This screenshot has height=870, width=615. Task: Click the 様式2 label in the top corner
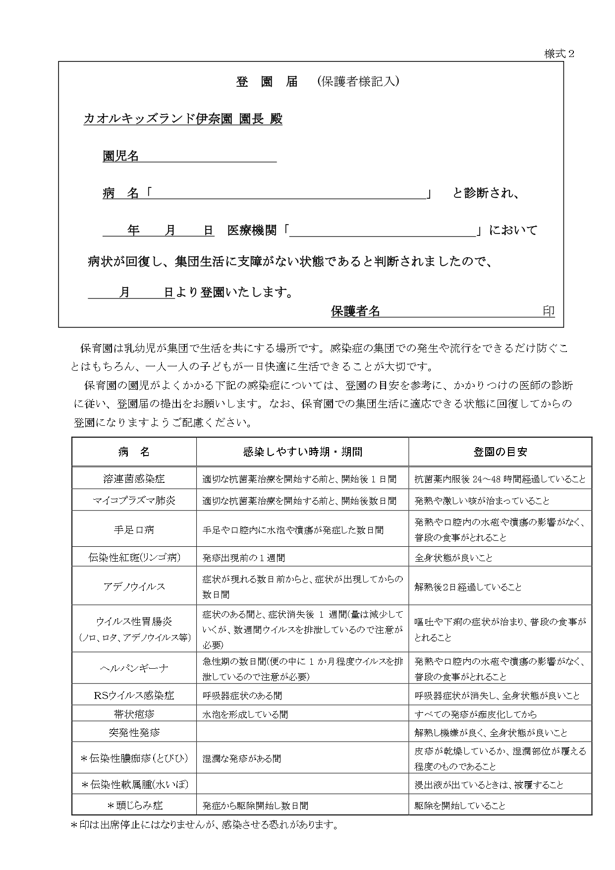tap(559, 54)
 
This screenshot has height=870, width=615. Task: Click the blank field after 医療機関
tap(382, 231)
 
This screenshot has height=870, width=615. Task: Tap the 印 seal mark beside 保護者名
tap(549, 311)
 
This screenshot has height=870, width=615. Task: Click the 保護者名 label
tap(355, 311)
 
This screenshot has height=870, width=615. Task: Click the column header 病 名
tap(134, 452)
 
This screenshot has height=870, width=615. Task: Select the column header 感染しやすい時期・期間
tap(302, 452)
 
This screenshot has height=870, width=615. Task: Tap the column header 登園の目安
tap(500, 452)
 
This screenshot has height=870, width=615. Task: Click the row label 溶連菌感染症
tap(134, 479)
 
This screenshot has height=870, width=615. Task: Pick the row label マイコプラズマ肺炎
tap(134, 501)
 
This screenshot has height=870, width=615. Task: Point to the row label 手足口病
tap(134, 529)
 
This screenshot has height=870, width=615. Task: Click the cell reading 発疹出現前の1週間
tap(244, 558)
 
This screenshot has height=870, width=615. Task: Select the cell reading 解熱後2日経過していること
tap(468, 587)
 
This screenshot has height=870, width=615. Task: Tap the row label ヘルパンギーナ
tap(134, 668)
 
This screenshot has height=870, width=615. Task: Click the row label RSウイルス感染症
tap(134, 696)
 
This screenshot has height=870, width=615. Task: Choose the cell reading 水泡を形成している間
tap(245, 714)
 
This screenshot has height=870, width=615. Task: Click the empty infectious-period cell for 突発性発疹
tap(302, 732)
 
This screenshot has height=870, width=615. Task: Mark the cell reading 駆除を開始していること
tap(460, 806)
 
